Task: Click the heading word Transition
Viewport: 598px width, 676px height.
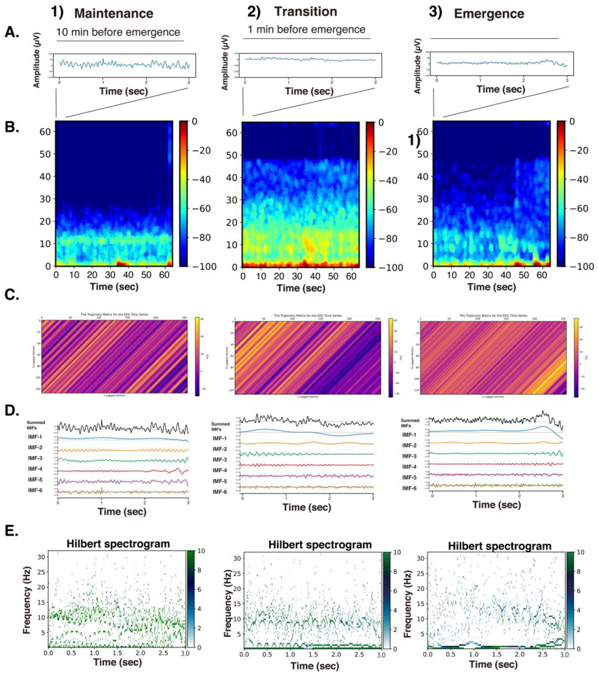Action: [306, 12]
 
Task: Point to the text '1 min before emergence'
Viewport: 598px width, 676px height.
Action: [306, 30]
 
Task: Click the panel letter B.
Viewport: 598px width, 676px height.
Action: [12, 127]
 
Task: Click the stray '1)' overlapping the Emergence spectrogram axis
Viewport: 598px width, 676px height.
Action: [414, 141]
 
